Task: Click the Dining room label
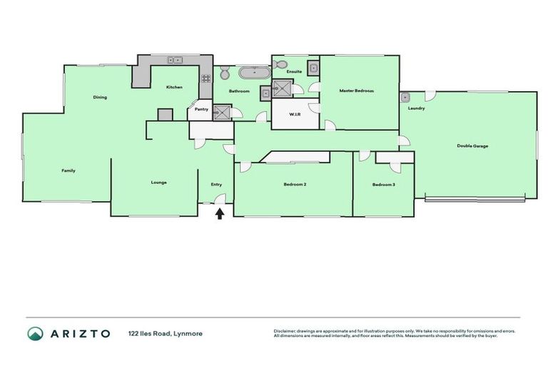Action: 100,97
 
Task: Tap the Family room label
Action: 68,170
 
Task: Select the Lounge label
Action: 158,182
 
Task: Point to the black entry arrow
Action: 220,212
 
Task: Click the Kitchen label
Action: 174,87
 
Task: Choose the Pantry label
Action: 201,109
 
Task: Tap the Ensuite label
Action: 294,72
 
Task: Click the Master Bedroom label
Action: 356,91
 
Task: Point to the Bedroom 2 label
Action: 295,185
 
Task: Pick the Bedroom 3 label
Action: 383,185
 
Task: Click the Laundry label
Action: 417,108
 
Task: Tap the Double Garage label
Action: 472,145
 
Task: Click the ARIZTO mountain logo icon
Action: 35,333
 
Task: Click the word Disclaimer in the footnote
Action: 285,331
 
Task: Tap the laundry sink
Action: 405,96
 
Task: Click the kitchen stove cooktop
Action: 205,78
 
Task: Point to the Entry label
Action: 216,185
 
